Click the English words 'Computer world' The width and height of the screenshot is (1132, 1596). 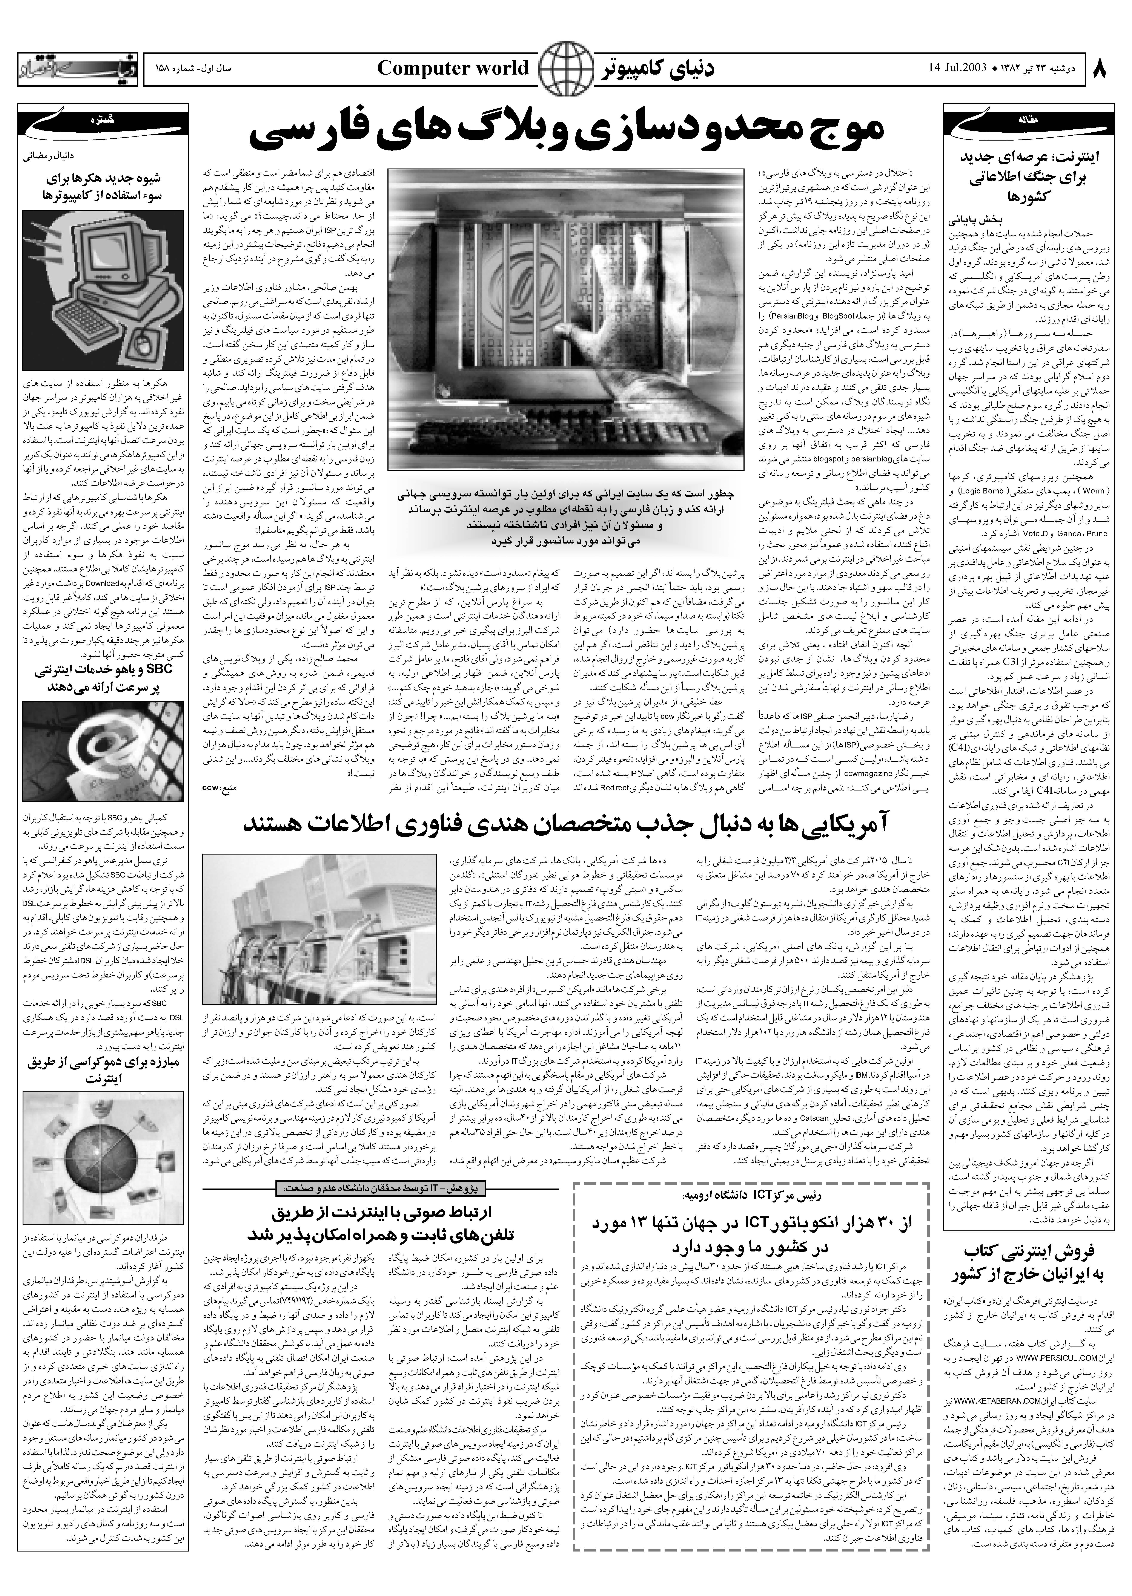(453, 68)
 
